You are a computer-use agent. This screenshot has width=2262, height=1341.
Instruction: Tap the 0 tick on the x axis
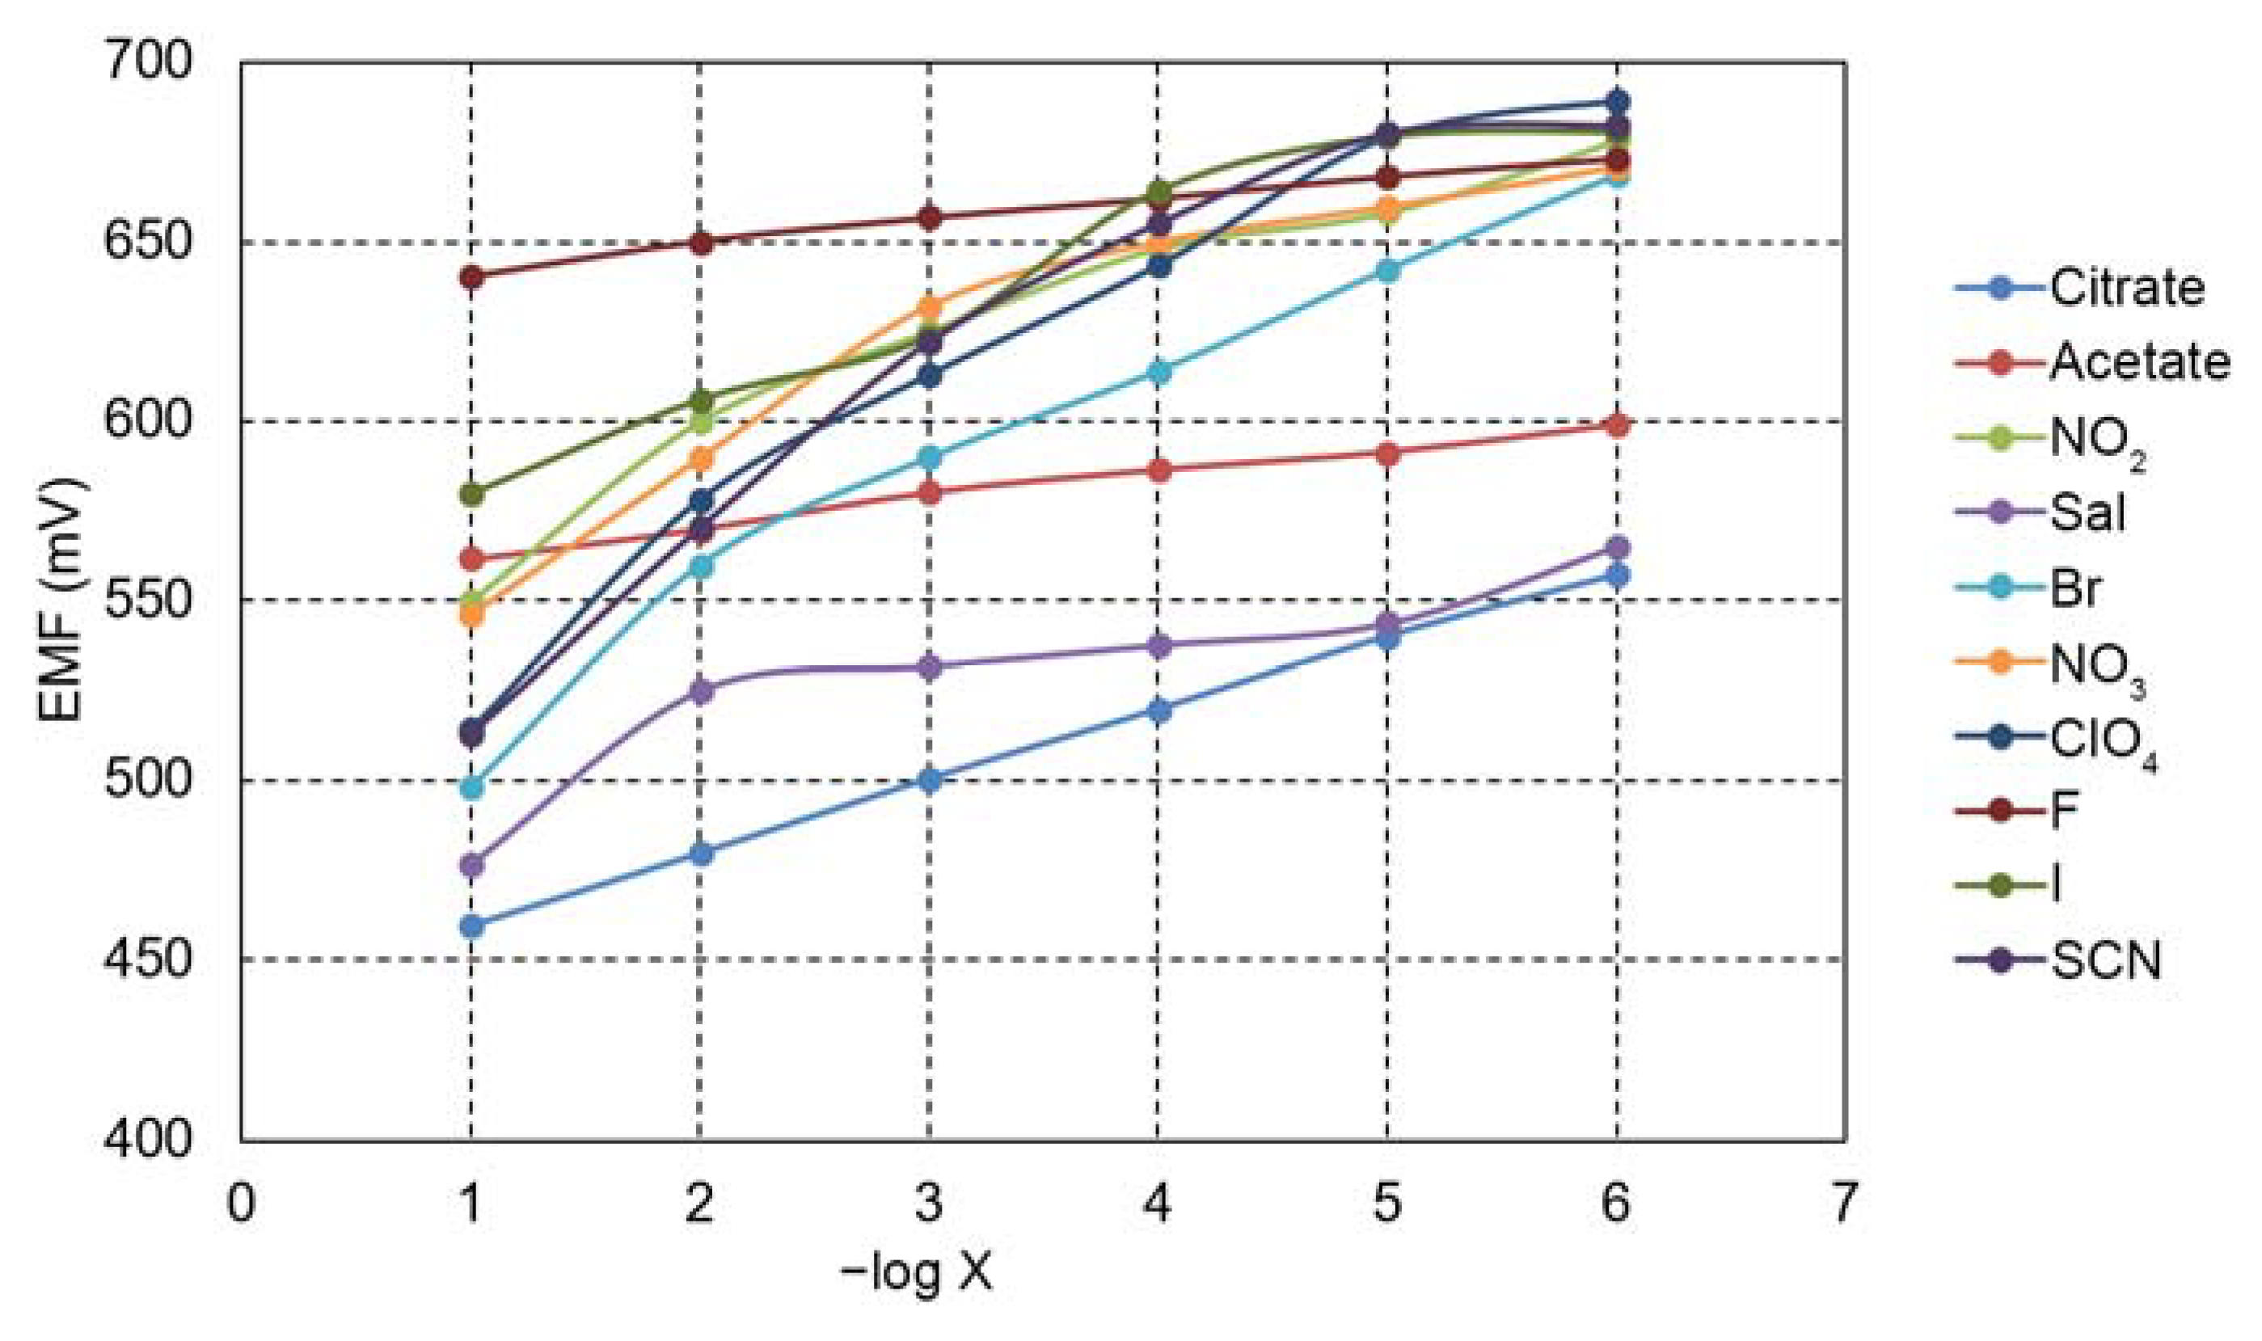tap(240, 1204)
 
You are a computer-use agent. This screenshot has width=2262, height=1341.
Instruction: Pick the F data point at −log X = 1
tap(471, 277)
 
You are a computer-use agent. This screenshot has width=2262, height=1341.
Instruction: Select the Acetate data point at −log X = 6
tap(1617, 424)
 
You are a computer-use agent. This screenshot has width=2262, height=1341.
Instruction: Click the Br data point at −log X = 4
tap(1158, 371)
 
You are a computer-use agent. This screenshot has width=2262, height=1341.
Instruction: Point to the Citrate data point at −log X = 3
tap(929, 780)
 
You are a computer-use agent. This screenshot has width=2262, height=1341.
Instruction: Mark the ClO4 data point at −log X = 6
tap(1617, 101)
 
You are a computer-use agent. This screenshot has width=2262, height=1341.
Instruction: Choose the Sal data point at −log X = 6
tap(1617, 547)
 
